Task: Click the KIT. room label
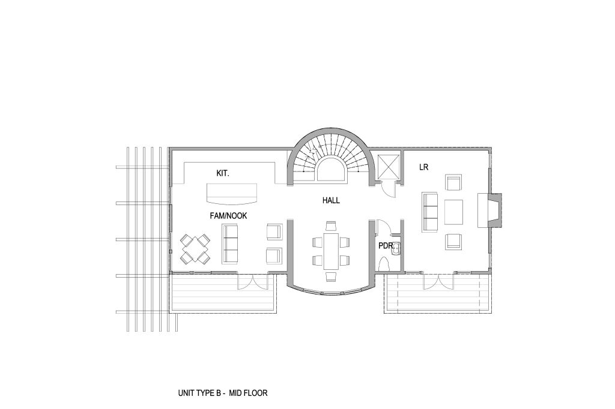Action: pyautogui.click(x=223, y=173)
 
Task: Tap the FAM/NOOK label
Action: pyautogui.click(x=228, y=216)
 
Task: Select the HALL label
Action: pyautogui.click(x=331, y=200)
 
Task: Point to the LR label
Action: pyautogui.click(x=423, y=167)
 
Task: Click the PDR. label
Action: pyautogui.click(x=386, y=246)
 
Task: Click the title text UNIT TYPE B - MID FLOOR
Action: pyautogui.click(x=223, y=393)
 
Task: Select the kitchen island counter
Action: pyautogui.click(x=232, y=194)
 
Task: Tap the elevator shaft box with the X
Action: pyautogui.click(x=387, y=167)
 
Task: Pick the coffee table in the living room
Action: pyautogui.click(x=453, y=212)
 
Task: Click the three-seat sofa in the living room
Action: pyautogui.click(x=430, y=212)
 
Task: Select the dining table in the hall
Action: pyautogui.click(x=331, y=251)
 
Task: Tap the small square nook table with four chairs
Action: pyautogui.click(x=195, y=248)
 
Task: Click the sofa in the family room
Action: pyautogui.click(x=230, y=243)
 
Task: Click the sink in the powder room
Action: pyautogui.click(x=396, y=248)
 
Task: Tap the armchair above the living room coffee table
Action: pyautogui.click(x=453, y=182)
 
